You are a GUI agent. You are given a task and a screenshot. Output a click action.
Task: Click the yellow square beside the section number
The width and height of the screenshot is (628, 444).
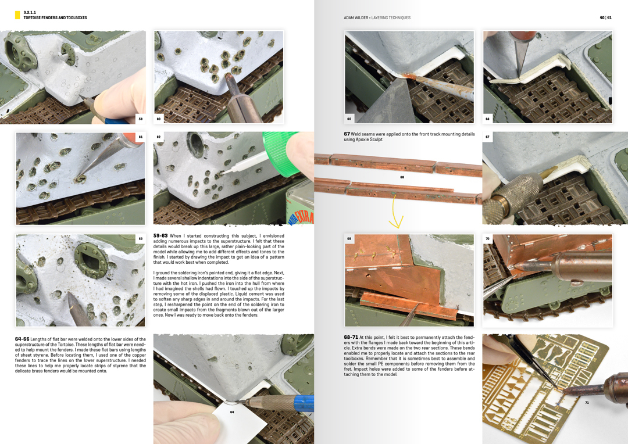(x=17, y=15)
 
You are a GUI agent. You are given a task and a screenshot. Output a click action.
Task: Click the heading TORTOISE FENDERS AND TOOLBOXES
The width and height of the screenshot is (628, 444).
(x=55, y=18)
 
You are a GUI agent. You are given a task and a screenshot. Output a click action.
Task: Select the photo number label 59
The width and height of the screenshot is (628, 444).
(x=140, y=119)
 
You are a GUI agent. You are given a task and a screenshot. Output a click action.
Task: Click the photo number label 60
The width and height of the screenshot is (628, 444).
(x=159, y=119)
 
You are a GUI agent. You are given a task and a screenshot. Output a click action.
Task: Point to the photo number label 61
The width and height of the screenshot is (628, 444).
(x=140, y=137)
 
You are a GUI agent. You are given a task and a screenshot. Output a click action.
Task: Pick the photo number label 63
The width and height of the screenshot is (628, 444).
(x=140, y=239)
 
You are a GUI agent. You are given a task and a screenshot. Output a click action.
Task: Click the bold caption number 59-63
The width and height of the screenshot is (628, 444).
(x=161, y=236)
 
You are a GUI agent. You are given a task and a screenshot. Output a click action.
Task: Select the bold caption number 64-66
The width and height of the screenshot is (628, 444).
(x=22, y=339)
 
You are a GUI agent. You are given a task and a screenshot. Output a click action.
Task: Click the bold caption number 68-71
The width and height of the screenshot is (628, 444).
(x=351, y=338)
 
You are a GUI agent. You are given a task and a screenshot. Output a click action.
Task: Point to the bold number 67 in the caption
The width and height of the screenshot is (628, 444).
(x=347, y=134)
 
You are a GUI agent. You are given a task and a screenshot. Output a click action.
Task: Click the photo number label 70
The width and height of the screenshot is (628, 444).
(x=487, y=239)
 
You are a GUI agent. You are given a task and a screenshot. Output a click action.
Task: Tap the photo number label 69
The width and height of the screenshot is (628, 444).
(x=349, y=239)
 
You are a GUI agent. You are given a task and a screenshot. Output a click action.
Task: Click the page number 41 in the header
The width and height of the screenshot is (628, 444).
(x=609, y=17)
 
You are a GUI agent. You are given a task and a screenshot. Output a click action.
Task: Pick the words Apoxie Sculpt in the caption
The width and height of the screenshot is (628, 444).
(x=369, y=139)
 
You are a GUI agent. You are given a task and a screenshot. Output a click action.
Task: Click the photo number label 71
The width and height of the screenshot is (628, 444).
(x=587, y=403)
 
